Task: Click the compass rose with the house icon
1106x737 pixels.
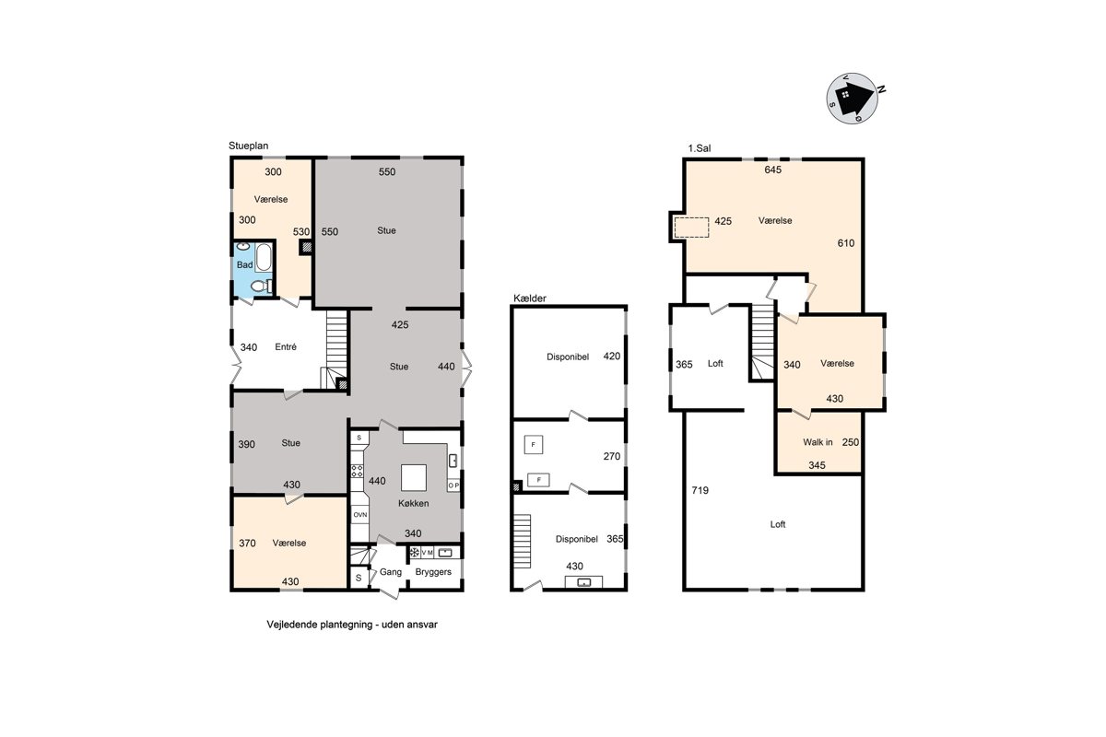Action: click(853, 99)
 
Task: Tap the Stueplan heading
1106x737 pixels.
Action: click(248, 146)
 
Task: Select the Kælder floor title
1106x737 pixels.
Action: click(530, 298)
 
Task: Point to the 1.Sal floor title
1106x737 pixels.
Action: click(700, 148)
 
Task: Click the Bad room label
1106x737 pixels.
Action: click(244, 265)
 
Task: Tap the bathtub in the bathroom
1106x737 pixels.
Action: click(264, 257)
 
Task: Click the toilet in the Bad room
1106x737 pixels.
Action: click(260, 286)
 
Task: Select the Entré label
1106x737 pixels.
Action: click(286, 347)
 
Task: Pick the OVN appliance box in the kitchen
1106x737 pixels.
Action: click(360, 515)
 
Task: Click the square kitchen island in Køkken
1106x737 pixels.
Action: click(413, 477)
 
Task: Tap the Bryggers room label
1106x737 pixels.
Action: click(433, 571)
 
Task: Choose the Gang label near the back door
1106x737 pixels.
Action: click(391, 572)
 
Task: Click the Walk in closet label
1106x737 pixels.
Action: click(818, 442)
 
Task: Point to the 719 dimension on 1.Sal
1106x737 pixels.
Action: click(700, 490)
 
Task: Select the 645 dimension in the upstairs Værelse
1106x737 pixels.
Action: click(772, 170)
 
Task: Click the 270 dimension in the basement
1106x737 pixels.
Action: click(612, 456)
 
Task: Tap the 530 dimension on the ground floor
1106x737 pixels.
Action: click(301, 232)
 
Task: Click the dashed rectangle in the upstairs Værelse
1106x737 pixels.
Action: click(692, 228)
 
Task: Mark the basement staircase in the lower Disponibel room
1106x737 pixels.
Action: click(522, 541)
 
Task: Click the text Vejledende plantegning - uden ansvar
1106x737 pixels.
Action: click(352, 625)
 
